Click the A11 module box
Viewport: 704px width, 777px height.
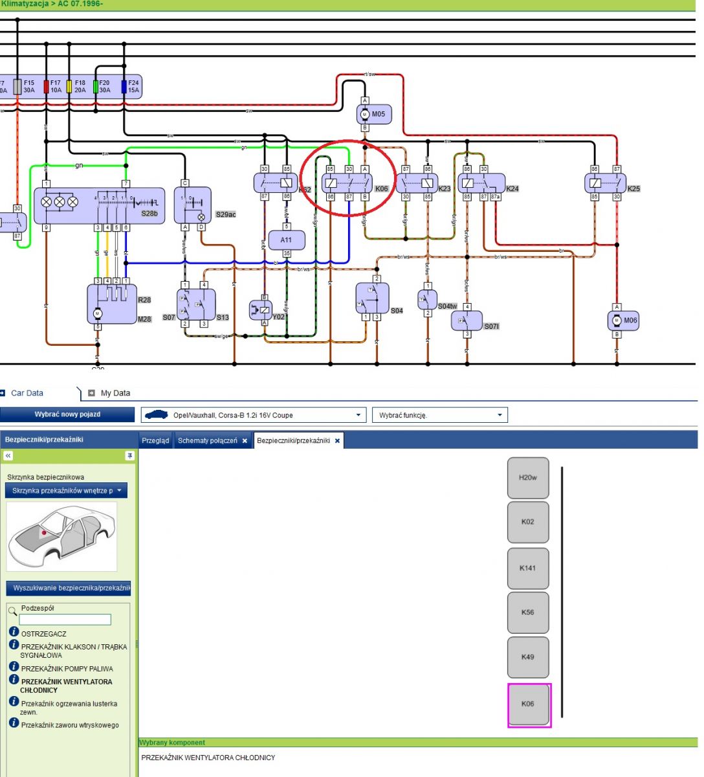[x=286, y=240]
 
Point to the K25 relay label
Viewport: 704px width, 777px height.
[x=633, y=189]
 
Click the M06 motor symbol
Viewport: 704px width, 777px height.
[x=622, y=320]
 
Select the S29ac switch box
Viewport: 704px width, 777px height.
[x=192, y=205]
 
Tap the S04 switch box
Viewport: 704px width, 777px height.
[x=372, y=298]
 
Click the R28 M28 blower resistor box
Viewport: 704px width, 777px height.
[x=112, y=303]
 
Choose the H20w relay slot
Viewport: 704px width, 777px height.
[x=528, y=478]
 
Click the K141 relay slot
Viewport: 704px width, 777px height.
[x=528, y=569]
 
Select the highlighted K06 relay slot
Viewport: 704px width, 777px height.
[x=528, y=704]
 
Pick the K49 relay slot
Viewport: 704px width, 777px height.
[x=528, y=657]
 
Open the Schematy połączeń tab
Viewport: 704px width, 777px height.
[x=207, y=441]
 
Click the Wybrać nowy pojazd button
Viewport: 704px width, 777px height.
[x=67, y=414]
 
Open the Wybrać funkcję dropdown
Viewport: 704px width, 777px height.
[x=439, y=415]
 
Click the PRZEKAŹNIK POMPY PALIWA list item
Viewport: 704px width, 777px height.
[x=67, y=669]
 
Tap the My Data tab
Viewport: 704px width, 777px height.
[x=115, y=393]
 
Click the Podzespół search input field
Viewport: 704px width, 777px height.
[x=65, y=620]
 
